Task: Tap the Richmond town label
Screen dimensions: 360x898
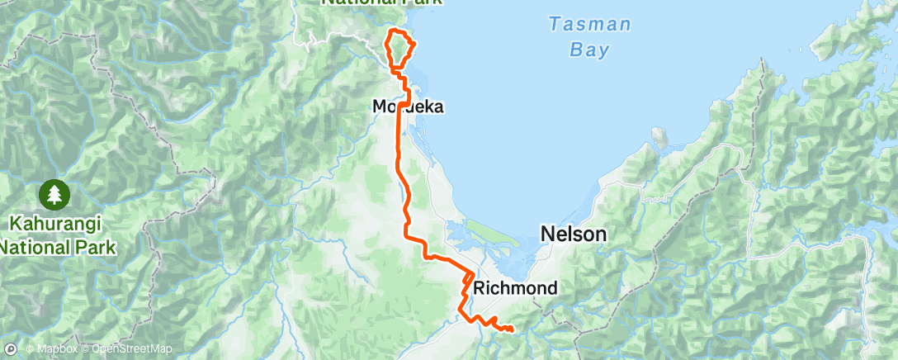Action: (x=515, y=288)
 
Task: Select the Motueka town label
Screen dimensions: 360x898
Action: (x=408, y=107)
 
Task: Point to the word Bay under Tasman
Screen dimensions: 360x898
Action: (x=589, y=50)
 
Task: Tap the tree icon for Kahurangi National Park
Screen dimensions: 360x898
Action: (x=54, y=195)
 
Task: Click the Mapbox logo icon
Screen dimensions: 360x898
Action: (x=12, y=349)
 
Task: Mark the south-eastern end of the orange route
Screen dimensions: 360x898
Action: (x=512, y=330)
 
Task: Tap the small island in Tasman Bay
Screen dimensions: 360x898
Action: (x=659, y=135)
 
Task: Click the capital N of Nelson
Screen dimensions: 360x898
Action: (x=547, y=234)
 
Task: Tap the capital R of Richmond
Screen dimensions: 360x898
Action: (x=480, y=288)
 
